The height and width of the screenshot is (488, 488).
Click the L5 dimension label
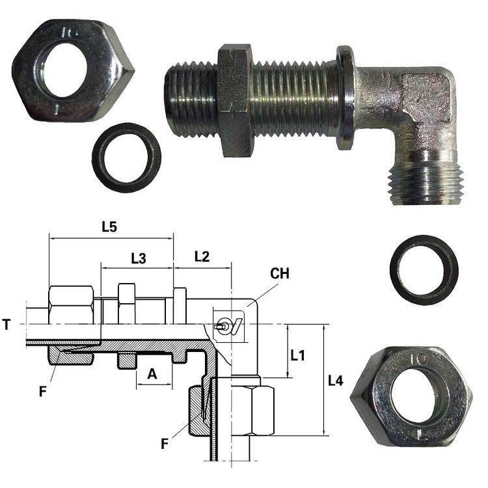[x=109, y=227]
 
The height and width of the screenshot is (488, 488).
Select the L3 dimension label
[x=139, y=258]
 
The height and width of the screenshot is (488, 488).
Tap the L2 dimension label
[x=202, y=257]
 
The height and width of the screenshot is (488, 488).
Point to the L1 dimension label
[x=298, y=355]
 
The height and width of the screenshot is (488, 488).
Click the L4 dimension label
[x=336, y=381]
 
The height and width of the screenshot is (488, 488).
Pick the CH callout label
[x=280, y=273]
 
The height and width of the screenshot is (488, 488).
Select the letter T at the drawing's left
[x=7, y=325]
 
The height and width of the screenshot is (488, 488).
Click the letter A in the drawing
[x=152, y=373]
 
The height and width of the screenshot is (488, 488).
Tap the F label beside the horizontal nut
[x=43, y=392]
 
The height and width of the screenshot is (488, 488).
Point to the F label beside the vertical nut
[x=165, y=444]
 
